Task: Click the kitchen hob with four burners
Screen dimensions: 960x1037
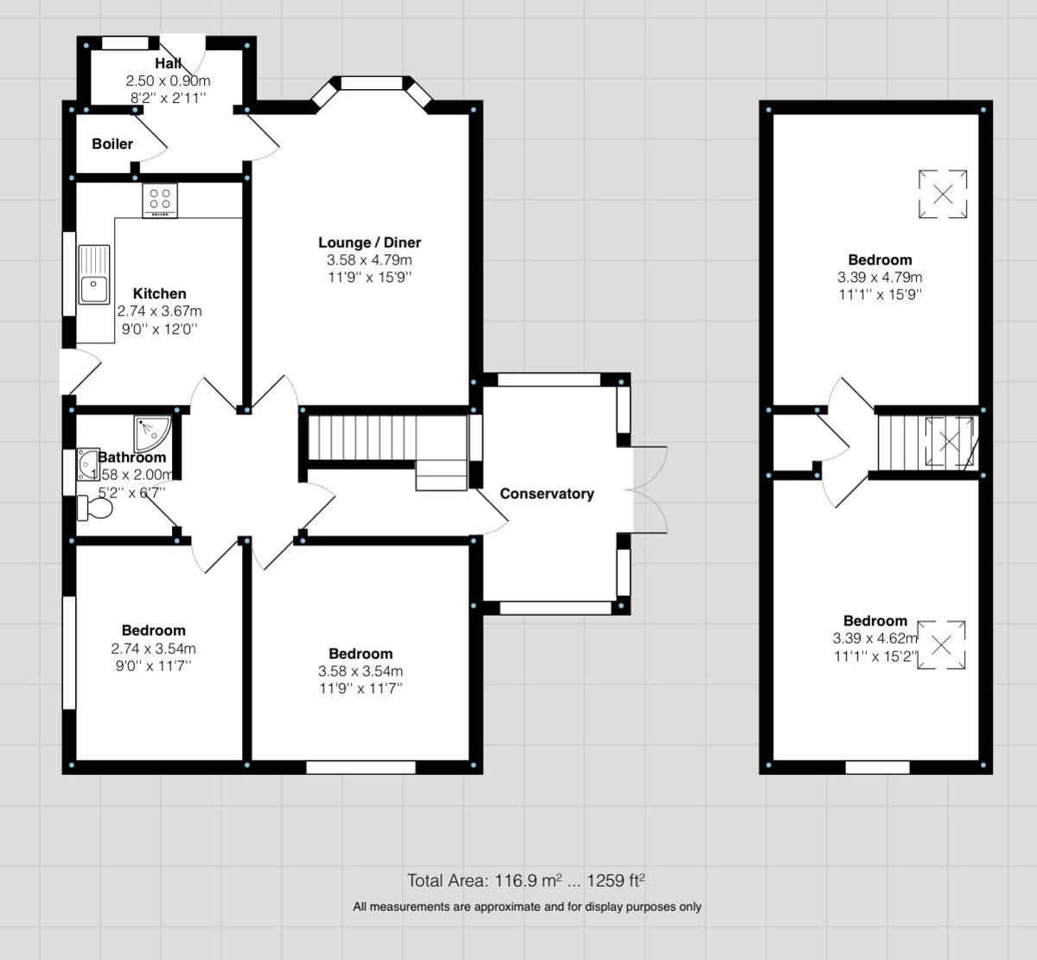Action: click(x=160, y=201)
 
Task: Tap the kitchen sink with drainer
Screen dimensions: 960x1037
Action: click(x=94, y=274)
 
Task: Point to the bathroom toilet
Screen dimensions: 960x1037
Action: click(x=94, y=508)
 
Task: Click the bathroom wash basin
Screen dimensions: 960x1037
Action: click(x=88, y=464)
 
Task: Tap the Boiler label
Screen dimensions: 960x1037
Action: click(x=112, y=144)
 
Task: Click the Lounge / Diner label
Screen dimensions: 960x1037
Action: click(x=369, y=242)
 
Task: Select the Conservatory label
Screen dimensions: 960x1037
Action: click(x=547, y=494)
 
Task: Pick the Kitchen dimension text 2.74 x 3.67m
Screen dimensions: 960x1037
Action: click(x=160, y=311)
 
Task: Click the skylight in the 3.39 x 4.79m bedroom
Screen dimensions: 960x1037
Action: click(x=943, y=194)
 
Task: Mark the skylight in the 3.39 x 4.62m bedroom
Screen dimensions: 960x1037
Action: click(x=941, y=644)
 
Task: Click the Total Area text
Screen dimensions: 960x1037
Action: click(x=526, y=881)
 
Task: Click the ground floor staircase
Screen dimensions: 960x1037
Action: click(x=363, y=439)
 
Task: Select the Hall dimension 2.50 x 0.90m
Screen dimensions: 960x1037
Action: click(x=168, y=80)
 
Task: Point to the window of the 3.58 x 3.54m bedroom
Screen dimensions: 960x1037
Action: click(x=361, y=766)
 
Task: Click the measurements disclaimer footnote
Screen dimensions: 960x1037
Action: click(x=526, y=907)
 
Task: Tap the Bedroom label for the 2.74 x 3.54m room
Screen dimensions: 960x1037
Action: click(x=153, y=630)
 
